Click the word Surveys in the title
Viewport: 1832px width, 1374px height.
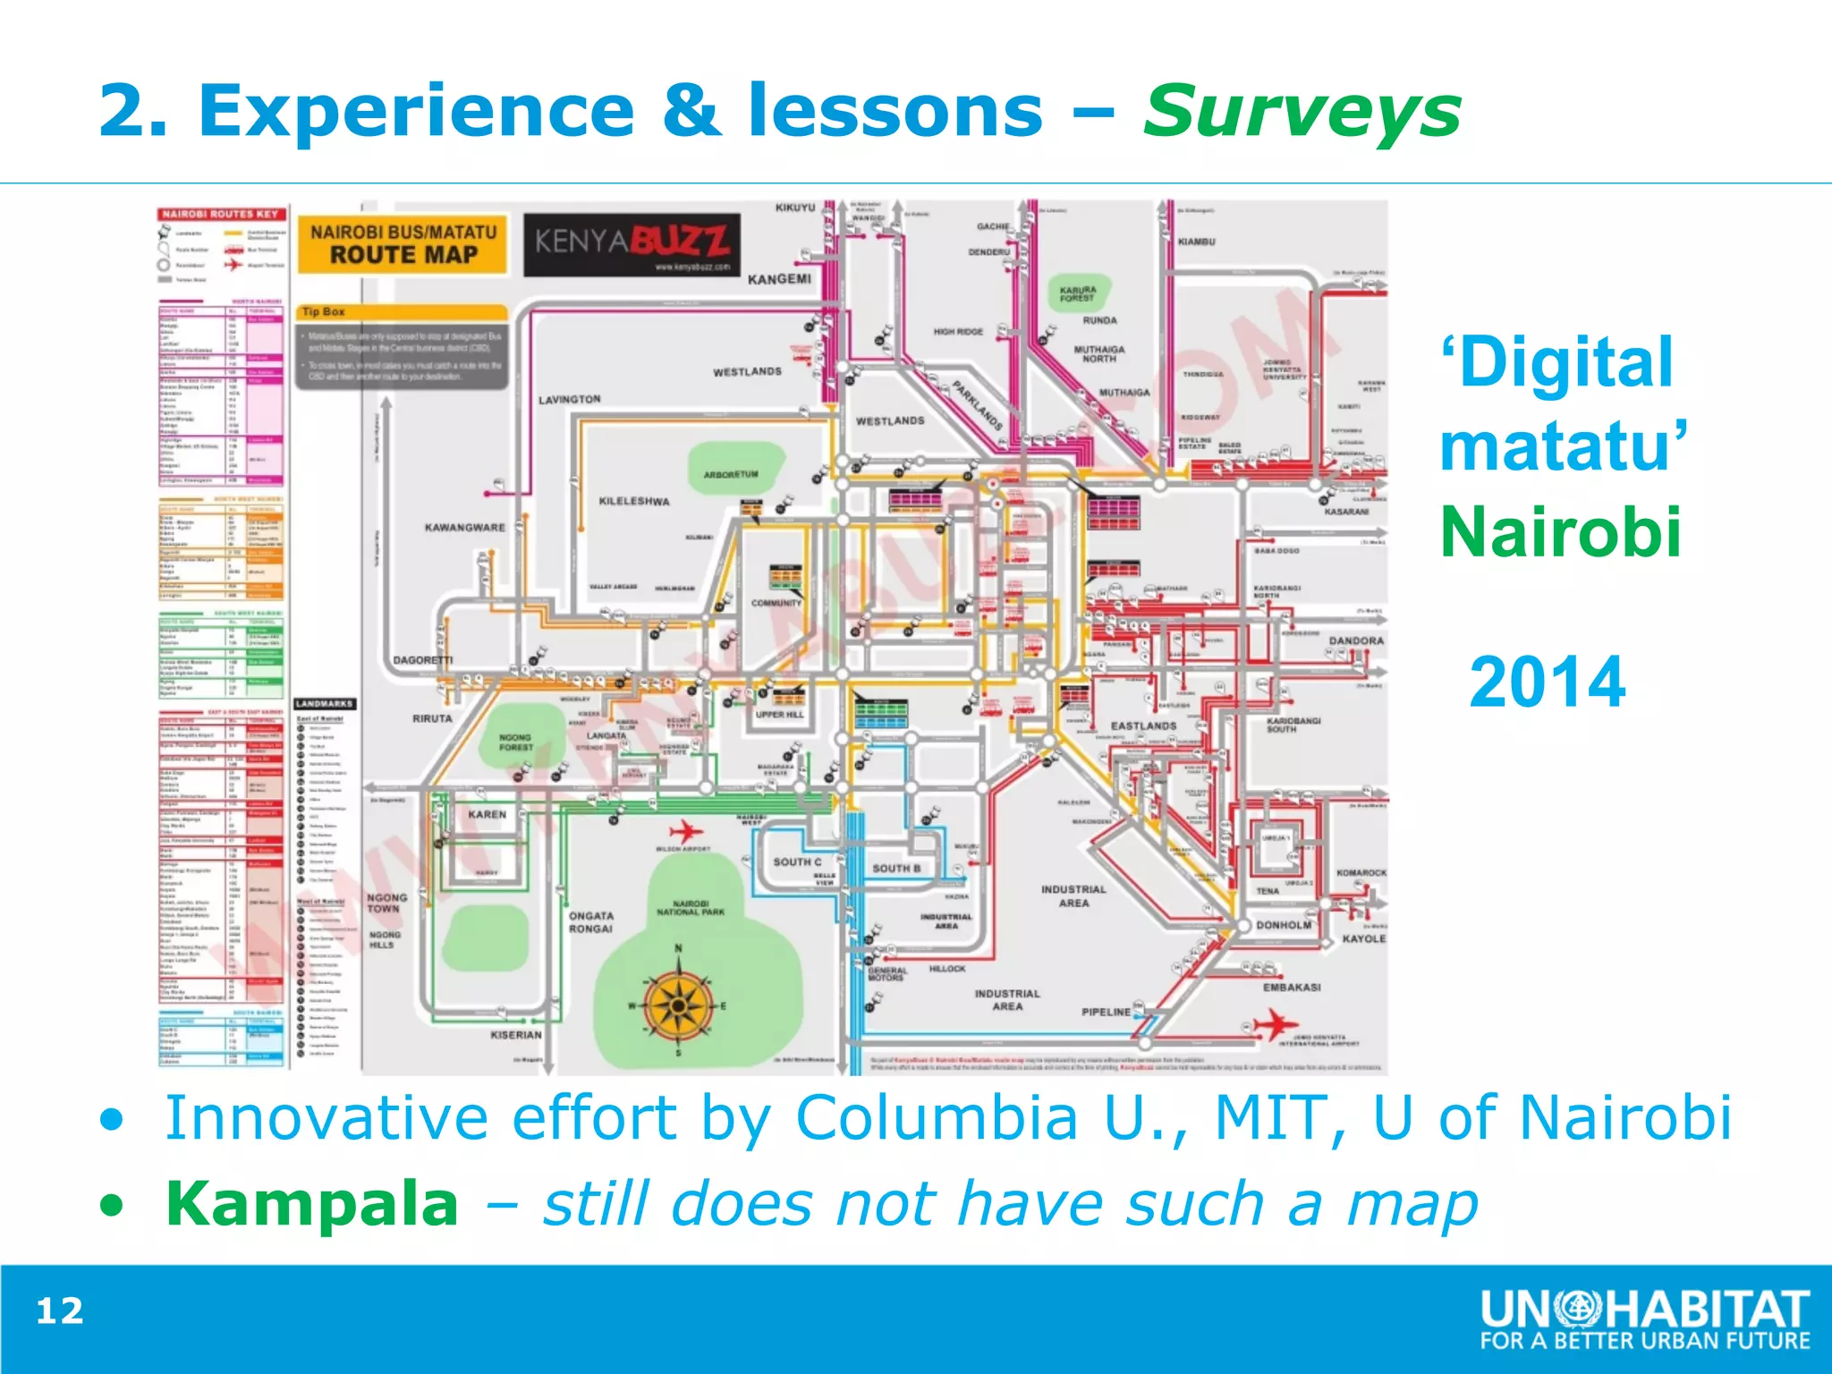[x=1302, y=112]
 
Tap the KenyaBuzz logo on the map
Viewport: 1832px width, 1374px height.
[x=632, y=243]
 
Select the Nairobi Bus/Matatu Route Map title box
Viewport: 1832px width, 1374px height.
[x=403, y=243]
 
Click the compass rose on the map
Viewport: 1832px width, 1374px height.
[x=678, y=1005]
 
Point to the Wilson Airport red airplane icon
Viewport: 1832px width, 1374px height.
[x=685, y=830]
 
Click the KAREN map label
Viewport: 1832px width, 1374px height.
[x=487, y=814]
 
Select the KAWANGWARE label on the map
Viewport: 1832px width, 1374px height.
[x=464, y=528]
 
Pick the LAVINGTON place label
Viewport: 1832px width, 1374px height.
[x=569, y=399]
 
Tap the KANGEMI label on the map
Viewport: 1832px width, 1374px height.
[x=779, y=279]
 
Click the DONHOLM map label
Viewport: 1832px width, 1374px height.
[x=1284, y=925]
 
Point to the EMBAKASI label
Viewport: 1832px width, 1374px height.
[x=1292, y=988]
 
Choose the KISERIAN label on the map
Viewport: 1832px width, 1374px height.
[x=516, y=1035]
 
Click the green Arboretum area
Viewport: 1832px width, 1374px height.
[x=732, y=471]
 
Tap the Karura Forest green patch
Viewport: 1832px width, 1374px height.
[x=1078, y=293]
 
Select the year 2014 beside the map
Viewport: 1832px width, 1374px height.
[x=1547, y=683]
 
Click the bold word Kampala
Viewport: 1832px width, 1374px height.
[x=312, y=1204]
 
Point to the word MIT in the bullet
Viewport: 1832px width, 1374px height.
[x=1268, y=1118]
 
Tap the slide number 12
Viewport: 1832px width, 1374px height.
[x=60, y=1311]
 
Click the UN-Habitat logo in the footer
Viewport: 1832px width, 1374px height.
[x=1644, y=1319]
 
